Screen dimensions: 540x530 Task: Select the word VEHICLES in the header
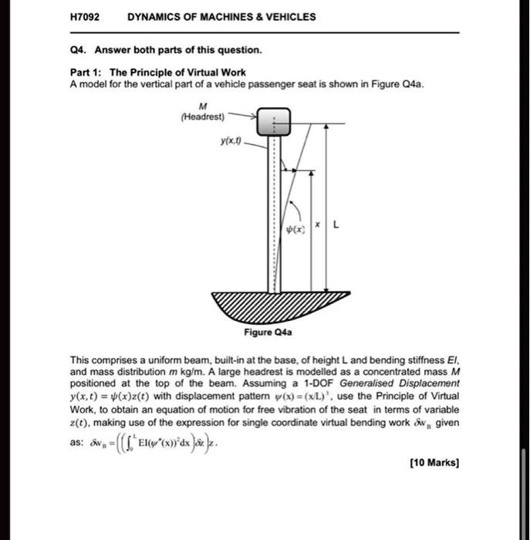tap(288, 17)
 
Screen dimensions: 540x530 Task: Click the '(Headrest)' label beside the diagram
tap(202, 117)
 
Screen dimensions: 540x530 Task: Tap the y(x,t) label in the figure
tap(229, 143)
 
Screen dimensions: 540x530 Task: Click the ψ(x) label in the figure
tap(295, 229)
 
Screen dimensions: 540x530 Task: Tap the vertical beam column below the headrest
tap(274, 216)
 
